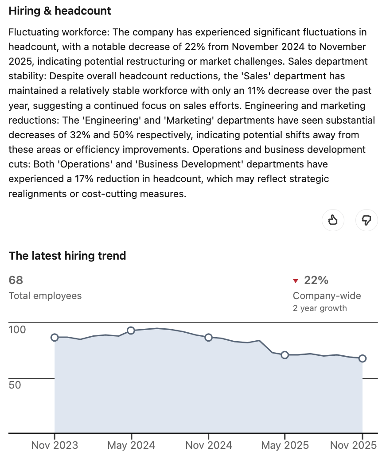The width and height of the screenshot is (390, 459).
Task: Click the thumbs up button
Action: (333, 220)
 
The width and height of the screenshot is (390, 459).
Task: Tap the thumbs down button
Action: (367, 220)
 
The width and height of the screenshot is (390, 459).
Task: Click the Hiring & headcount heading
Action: (60, 11)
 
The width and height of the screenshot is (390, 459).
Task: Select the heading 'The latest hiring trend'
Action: (67, 256)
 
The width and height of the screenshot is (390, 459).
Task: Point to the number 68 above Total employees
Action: (16, 280)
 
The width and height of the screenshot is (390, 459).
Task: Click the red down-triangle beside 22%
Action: (296, 280)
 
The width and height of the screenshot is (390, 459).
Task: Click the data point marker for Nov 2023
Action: (55, 337)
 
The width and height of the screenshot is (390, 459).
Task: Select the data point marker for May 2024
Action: (131, 331)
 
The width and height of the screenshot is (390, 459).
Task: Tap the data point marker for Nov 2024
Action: (208, 337)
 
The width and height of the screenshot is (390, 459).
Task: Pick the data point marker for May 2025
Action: (285, 355)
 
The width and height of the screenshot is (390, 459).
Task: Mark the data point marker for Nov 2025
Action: (362, 358)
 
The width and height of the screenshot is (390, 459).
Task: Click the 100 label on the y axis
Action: (18, 330)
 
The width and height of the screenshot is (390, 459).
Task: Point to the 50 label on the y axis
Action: (15, 385)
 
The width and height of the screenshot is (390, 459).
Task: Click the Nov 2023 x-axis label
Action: (55, 445)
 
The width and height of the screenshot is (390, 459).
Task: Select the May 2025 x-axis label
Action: (285, 445)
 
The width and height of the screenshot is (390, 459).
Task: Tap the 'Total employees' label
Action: (45, 296)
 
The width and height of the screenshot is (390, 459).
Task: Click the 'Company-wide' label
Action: (327, 296)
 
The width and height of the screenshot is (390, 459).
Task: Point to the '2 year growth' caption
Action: (320, 308)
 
